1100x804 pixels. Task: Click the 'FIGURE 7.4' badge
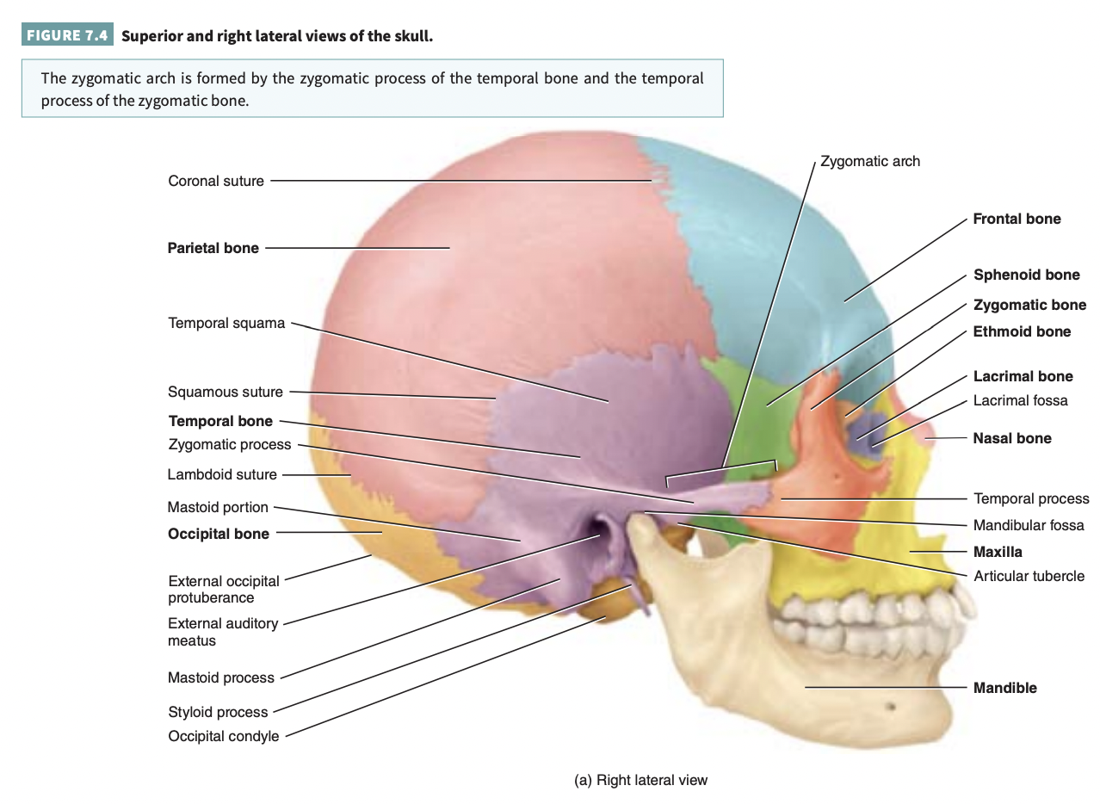tap(68, 37)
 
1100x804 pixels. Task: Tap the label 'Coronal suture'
tap(216, 181)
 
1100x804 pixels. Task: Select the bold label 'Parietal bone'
tap(213, 248)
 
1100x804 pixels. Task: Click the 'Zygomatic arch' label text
tap(870, 161)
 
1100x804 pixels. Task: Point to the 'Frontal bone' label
tap(1017, 219)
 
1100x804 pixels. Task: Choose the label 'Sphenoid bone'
tap(1026, 275)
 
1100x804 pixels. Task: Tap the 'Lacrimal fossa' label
tap(1020, 400)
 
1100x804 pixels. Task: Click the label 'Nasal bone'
tap(1012, 438)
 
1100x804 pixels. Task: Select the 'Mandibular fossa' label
tap(1028, 525)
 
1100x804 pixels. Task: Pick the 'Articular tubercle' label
tap(1029, 576)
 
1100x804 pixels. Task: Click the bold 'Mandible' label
tap(1004, 688)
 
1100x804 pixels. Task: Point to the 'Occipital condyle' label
tap(224, 736)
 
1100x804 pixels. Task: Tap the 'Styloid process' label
tap(218, 712)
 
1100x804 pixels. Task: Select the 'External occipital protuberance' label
tap(223, 589)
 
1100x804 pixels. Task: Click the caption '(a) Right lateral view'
tap(640, 780)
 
